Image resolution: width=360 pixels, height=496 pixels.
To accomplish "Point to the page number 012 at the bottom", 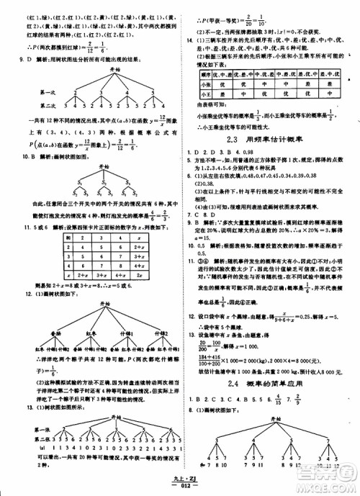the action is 179,490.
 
